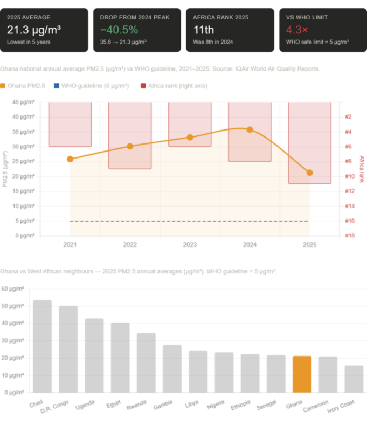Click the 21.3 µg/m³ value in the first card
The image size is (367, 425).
pyautogui.click(x=34, y=29)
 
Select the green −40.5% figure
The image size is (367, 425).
pyautogui.click(x=119, y=29)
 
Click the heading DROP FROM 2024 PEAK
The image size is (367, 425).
pyautogui.click(x=134, y=17)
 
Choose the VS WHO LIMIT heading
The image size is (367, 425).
pyautogui.click(x=307, y=17)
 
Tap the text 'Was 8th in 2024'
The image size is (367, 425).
pyautogui.click(x=214, y=42)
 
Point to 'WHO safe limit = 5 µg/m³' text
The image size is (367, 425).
pyautogui.click(x=317, y=42)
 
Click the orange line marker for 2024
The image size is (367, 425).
pyautogui.click(x=250, y=129)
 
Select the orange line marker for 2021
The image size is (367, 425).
pyautogui.click(x=70, y=159)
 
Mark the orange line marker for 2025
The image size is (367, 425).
pyautogui.click(x=310, y=173)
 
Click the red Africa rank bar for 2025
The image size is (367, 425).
pyautogui.click(x=310, y=143)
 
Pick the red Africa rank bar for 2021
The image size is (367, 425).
pyautogui.click(x=70, y=125)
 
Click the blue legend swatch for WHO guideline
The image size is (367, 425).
pyautogui.click(x=57, y=86)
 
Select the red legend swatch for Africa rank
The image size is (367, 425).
pyautogui.click(x=143, y=86)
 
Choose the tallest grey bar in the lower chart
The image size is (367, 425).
pyautogui.click(x=43, y=345)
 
